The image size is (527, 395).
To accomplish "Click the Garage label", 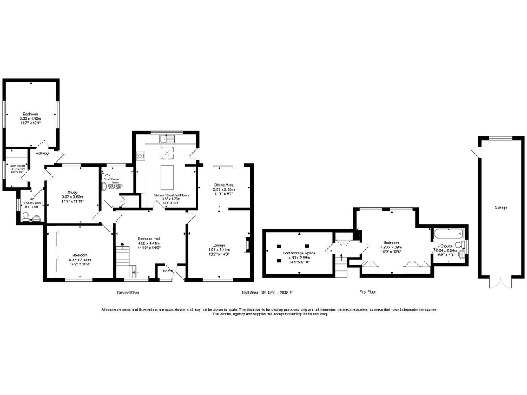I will coord(501,207).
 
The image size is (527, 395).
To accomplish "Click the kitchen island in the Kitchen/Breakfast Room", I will coord(166,174).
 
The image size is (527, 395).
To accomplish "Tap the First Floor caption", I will coord(368,292).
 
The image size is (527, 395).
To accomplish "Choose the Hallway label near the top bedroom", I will coord(43,153).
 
